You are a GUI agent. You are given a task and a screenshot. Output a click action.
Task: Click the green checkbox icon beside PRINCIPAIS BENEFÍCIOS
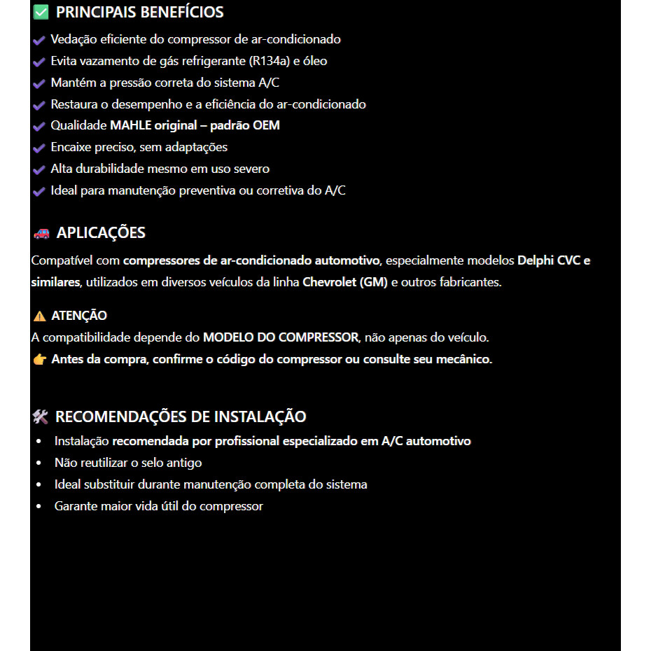click(41, 13)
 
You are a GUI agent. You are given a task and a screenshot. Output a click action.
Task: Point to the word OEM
click(266, 126)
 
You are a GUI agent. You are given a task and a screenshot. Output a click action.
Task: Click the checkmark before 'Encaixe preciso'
click(39, 148)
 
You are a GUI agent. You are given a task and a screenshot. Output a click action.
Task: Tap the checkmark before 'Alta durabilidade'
click(39, 170)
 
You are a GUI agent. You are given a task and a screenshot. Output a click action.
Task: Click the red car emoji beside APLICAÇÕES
click(41, 234)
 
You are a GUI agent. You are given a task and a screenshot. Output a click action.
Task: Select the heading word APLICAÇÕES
click(101, 233)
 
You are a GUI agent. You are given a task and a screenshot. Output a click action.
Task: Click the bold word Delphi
click(535, 261)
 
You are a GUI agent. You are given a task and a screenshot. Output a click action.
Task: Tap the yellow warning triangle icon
click(39, 316)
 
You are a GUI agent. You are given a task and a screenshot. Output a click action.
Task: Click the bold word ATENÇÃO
click(79, 316)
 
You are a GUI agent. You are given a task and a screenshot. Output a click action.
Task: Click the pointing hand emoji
click(39, 360)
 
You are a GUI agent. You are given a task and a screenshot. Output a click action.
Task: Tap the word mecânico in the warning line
click(467, 360)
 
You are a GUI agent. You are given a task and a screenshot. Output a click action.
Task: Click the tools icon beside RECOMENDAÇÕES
click(40, 417)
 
